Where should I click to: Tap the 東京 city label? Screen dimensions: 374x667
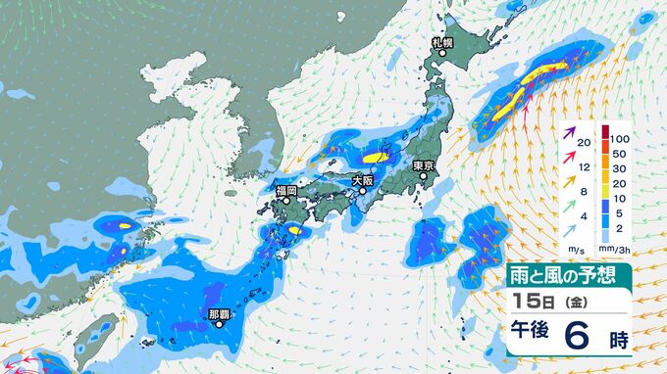pos(424,165)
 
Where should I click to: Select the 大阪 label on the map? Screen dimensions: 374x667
pos(364,179)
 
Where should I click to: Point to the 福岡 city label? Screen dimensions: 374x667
pos(285,190)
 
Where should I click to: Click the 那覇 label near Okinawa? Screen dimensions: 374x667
pos(220,314)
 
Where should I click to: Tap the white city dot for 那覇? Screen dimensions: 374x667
pos(220,326)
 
